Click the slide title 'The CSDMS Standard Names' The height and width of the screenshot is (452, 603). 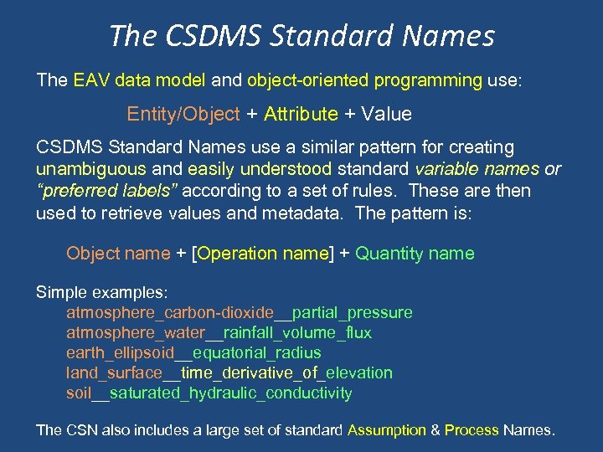pyautogui.click(x=301, y=35)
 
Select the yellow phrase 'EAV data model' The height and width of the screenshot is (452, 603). pyautogui.click(x=138, y=81)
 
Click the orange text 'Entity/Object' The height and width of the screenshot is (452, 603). pyautogui.click(x=183, y=113)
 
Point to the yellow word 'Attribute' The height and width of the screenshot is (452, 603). pyautogui.click(x=301, y=113)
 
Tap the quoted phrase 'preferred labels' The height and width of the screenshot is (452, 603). pyautogui.click(x=108, y=191)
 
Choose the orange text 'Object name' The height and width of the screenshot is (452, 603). pyautogui.click(x=119, y=254)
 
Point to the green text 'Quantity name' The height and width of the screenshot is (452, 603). pyautogui.click(x=415, y=254)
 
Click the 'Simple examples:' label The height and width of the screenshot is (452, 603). pyautogui.click(x=102, y=293)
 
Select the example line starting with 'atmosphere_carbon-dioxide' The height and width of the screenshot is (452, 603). pyautogui.click(x=239, y=313)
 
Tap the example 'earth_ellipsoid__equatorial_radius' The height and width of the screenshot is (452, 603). pyautogui.click(x=193, y=353)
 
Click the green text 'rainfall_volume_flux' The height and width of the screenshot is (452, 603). pyautogui.click(x=300, y=333)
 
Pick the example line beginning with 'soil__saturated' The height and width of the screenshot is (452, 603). pyautogui.click(x=209, y=393)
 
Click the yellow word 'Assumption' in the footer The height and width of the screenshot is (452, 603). pyautogui.click(x=386, y=430)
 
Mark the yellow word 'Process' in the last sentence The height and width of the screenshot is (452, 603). pyautogui.click(x=472, y=430)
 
